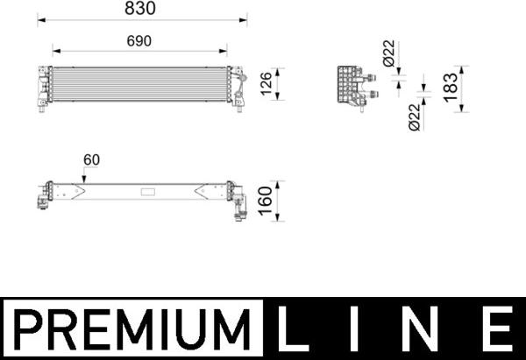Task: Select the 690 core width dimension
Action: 141,40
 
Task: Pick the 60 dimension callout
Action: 91,159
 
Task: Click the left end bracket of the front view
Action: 44,87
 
